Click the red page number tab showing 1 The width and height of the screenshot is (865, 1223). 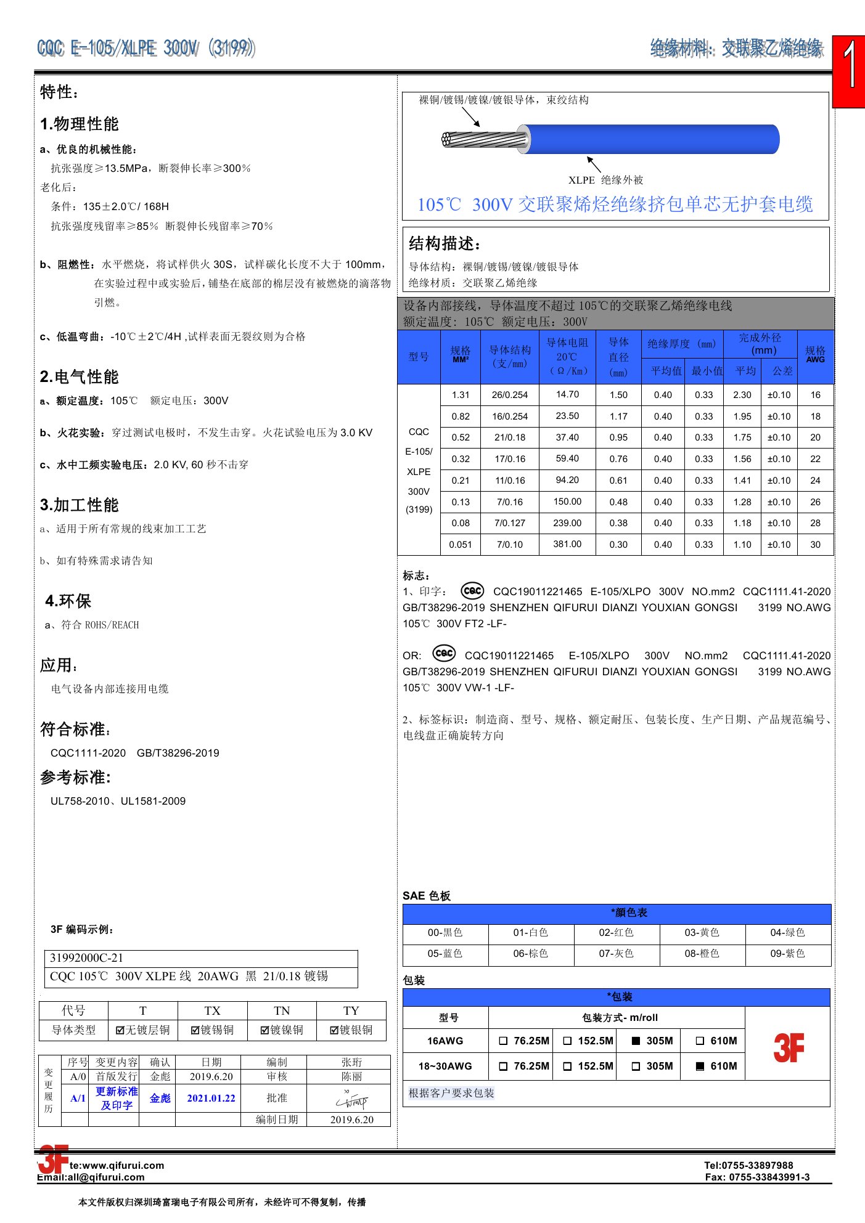[849, 71]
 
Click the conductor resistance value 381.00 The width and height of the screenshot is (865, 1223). [567, 544]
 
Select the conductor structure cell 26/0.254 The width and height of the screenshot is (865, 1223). [509, 395]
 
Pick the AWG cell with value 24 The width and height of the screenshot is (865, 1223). [815, 481]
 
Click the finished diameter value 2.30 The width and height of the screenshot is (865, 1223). [742, 395]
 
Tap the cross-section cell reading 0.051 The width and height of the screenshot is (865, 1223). [461, 545]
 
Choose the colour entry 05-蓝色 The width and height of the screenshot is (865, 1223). [445, 953]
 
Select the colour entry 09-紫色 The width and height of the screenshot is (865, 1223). [787, 953]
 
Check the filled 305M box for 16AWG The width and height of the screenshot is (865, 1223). [636, 1041]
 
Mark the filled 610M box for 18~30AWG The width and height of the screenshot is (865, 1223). [700, 1067]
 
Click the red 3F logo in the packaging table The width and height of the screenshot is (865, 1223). [789, 1047]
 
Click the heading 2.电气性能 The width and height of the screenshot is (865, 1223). [80, 376]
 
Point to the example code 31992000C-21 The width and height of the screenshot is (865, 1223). [86, 957]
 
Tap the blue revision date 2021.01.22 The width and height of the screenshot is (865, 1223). [211, 1098]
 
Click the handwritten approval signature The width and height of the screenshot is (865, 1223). [351, 1100]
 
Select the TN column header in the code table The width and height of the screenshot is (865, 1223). [282, 1010]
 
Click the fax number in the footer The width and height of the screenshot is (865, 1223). [758, 1177]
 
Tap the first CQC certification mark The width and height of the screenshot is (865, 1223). [472, 591]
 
